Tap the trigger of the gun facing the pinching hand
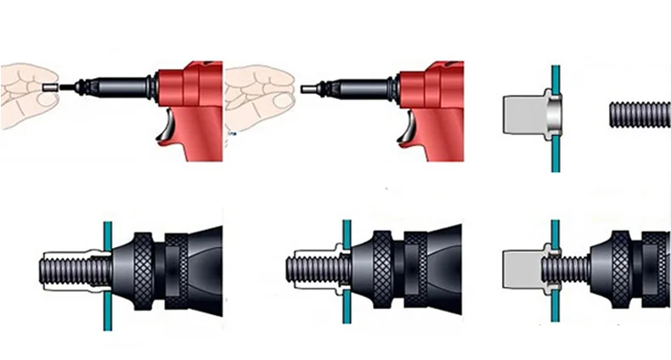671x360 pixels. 170,127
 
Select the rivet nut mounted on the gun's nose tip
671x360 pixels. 306,87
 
